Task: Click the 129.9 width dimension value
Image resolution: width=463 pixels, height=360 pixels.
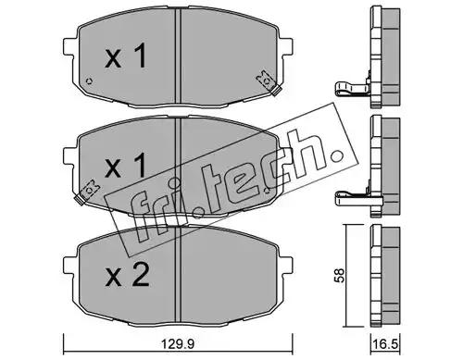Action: click(178, 343)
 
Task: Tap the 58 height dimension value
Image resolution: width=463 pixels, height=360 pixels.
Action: click(339, 276)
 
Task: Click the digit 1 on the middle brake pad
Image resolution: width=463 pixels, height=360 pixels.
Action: click(139, 166)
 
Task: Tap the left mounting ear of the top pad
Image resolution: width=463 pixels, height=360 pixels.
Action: click(69, 47)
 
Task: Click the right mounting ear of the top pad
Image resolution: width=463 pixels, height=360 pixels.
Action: click(285, 47)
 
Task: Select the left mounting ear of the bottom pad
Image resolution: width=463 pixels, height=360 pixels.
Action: click(69, 265)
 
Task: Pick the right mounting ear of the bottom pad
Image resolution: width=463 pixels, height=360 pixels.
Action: click(285, 265)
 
